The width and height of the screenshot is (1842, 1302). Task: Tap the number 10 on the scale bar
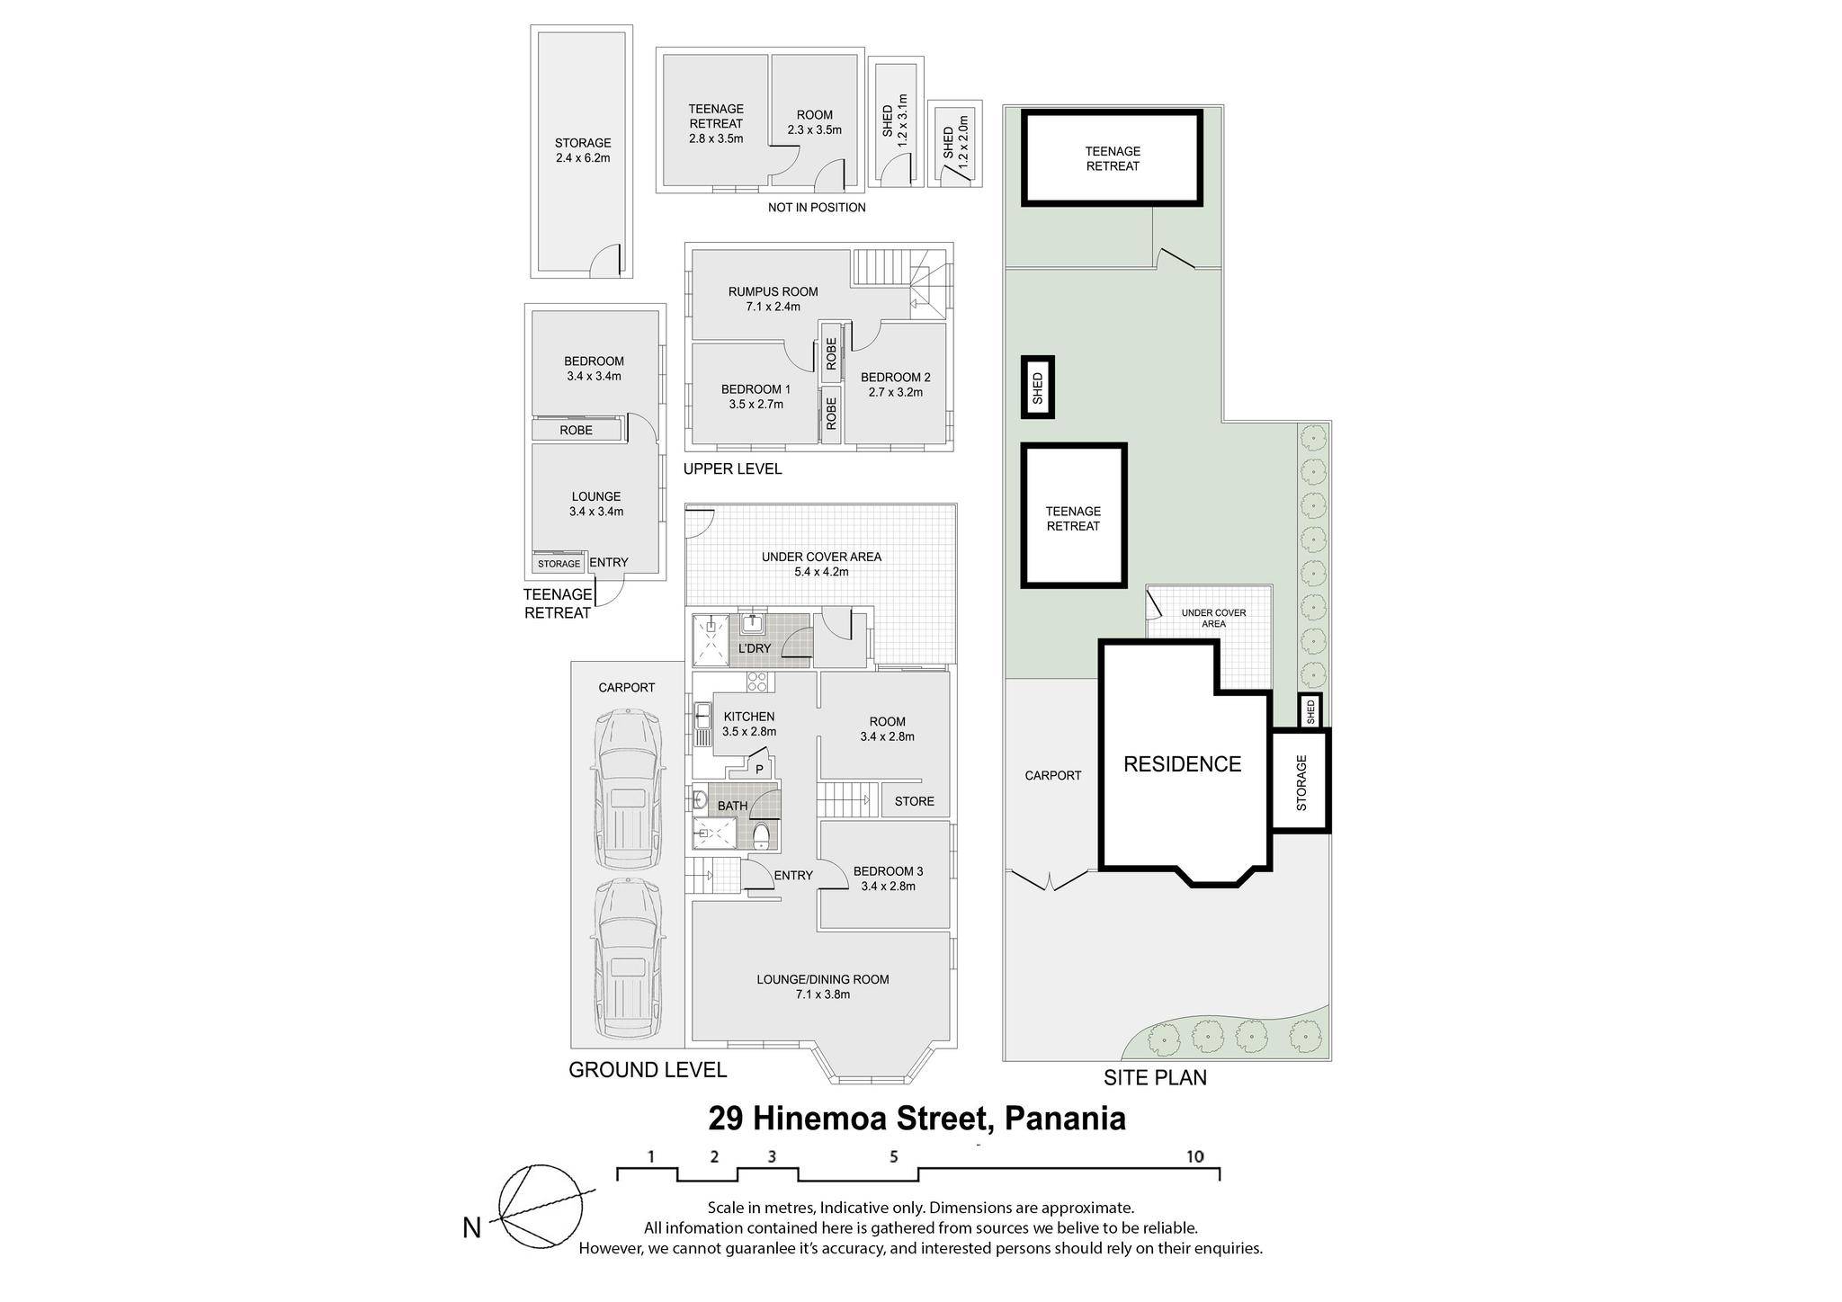click(x=1194, y=1156)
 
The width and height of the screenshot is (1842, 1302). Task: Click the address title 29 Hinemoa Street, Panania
click(x=917, y=1119)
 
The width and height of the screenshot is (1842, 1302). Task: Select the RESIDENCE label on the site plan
click(x=1182, y=763)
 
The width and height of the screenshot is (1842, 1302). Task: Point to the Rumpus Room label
click(x=773, y=299)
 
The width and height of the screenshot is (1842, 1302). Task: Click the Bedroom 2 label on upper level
click(x=895, y=384)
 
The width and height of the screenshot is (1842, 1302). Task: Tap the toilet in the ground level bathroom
click(x=761, y=836)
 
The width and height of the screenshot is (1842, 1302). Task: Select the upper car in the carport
click(x=628, y=789)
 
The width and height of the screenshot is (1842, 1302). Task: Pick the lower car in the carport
click(x=628, y=959)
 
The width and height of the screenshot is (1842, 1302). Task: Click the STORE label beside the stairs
click(x=914, y=801)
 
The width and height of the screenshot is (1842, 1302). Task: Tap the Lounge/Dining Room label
click(x=822, y=986)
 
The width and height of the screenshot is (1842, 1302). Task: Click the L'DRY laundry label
click(x=755, y=648)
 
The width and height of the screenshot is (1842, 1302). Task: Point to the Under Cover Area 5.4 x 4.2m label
click(x=821, y=564)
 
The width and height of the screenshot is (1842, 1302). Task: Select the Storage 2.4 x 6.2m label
click(x=582, y=150)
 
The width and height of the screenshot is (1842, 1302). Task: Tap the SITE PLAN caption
click(x=1155, y=1077)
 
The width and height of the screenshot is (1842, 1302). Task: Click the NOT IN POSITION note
click(x=817, y=208)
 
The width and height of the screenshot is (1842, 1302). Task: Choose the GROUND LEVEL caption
click(x=648, y=1070)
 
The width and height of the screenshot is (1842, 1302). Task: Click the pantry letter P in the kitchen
click(x=759, y=769)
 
